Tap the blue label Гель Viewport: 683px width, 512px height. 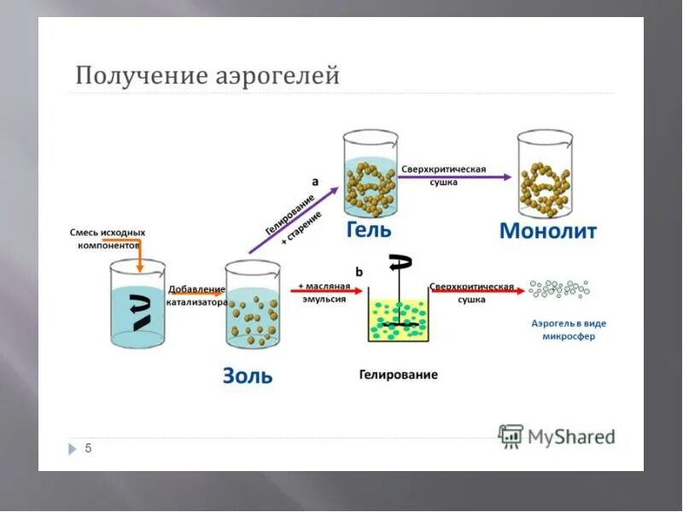click(x=369, y=230)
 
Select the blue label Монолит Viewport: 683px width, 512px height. click(x=547, y=230)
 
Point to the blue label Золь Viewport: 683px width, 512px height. click(x=248, y=375)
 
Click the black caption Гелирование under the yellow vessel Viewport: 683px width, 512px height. click(x=398, y=375)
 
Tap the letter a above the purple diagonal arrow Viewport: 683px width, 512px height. click(x=315, y=181)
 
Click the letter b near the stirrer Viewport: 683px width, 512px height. click(x=359, y=271)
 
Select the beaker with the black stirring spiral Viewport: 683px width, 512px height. click(x=137, y=305)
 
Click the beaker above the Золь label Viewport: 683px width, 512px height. click(x=254, y=305)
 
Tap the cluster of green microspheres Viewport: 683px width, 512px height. click(x=558, y=288)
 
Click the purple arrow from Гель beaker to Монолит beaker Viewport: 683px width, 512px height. click(x=457, y=177)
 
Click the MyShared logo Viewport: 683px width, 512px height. click(x=557, y=436)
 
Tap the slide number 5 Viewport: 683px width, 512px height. click(x=87, y=448)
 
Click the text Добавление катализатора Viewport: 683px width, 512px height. click(x=197, y=295)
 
